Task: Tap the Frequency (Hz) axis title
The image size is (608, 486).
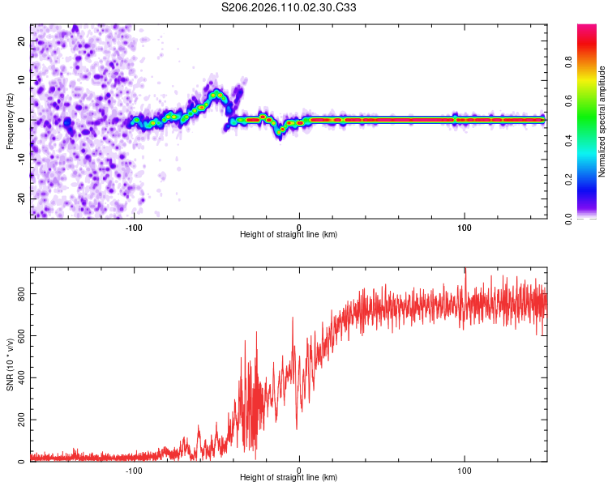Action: [9, 121]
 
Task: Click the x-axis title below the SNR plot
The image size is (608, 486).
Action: [289, 478]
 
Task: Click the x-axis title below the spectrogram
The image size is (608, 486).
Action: [289, 235]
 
